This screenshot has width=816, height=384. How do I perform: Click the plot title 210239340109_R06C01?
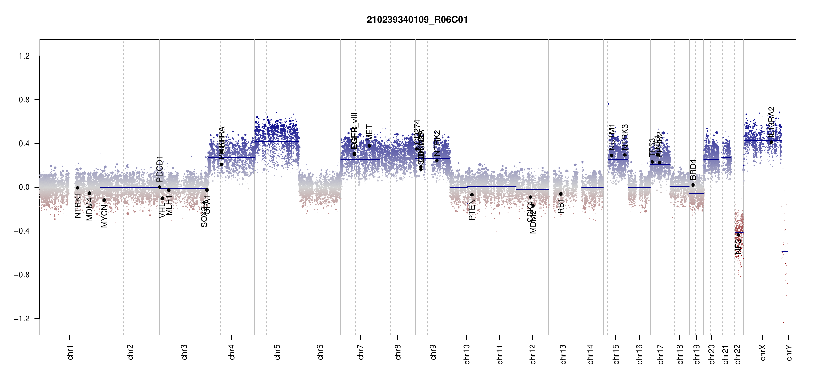(x=417, y=20)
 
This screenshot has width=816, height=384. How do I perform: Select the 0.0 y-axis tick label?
(x=24, y=187)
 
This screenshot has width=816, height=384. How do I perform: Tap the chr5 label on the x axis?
(x=277, y=352)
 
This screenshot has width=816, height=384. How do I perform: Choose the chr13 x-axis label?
(x=563, y=354)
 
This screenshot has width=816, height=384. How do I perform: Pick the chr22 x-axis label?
(x=737, y=354)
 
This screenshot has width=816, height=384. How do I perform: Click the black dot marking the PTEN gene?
(x=472, y=195)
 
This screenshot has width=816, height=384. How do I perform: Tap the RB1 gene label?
(x=561, y=206)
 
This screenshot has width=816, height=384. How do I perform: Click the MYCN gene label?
(x=104, y=216)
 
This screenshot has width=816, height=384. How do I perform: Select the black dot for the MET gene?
(x=369, y=146)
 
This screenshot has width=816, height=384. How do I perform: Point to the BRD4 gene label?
(x=693, y=170)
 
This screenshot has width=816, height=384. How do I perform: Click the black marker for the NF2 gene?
(x=738, y=235)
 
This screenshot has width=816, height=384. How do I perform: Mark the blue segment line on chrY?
(x=785, y=252)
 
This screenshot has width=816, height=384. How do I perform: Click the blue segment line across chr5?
(x=277, y=142)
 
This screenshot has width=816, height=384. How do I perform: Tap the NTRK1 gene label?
(x=78, y=205)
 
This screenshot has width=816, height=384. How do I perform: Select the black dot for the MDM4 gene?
(x=89, y=193)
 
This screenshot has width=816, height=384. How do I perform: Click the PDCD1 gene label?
(x=160, y=169)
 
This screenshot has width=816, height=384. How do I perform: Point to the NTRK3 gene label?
(x=625, y=137)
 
